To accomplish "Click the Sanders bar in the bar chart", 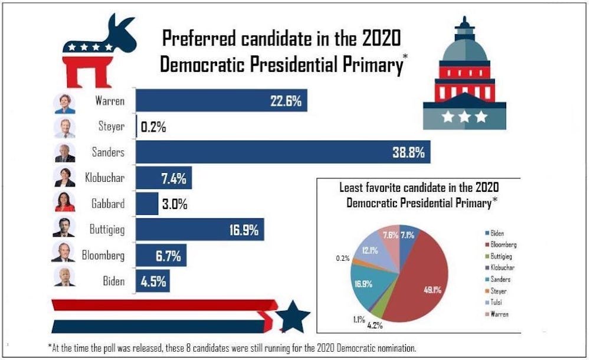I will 283,152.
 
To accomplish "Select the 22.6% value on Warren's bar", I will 286,101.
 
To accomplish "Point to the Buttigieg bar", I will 200,230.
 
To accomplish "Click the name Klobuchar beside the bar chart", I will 104,178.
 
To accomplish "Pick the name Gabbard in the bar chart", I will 107,204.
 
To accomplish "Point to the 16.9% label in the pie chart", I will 363,283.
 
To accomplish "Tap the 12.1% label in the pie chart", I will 371,250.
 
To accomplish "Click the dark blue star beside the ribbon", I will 293,317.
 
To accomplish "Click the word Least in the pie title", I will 352,188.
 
